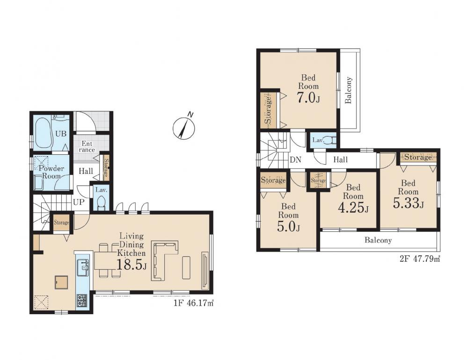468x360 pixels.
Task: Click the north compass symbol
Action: (x=183, y=128)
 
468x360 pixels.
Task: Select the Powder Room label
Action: (x=51, y=172)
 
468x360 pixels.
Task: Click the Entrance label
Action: (x=87, y=147)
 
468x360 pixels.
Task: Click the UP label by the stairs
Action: (x=79, y=202)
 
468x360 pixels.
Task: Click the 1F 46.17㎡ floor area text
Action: (x=194, y=303)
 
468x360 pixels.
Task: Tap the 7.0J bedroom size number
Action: (x=308, y=97)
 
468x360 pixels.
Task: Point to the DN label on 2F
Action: (x=295, y=160)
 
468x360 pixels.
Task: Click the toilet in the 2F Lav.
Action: (x=331, y=140)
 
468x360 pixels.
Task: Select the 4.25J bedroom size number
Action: (x=353, y=208)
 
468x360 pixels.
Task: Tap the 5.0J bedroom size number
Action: (x=288, y=227)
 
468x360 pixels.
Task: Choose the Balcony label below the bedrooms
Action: (x=378, y=240)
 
